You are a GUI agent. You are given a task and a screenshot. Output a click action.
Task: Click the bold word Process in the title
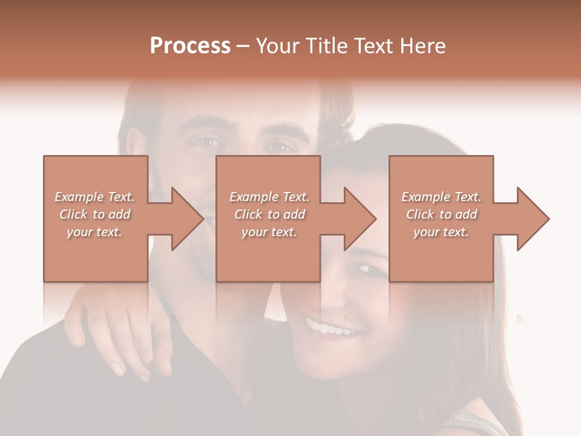190,46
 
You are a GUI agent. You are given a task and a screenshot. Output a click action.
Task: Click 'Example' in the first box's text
79,197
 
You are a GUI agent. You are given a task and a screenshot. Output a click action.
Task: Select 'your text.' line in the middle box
269,232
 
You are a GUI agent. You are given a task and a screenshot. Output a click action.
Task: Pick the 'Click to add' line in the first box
95,214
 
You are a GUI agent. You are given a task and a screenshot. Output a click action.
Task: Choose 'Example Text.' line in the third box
441,197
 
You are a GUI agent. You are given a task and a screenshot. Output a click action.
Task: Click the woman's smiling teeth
329,329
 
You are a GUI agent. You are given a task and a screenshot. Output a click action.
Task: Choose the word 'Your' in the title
276,46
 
